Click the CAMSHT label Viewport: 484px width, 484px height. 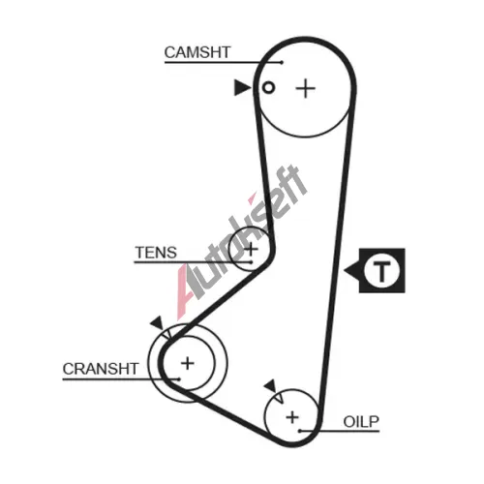coord(197,52)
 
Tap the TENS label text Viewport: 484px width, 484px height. coord(156,253)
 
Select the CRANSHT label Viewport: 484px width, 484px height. coord(101,369)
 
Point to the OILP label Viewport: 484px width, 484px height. coord(361,421)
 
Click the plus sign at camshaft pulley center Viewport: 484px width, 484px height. coord(305,88)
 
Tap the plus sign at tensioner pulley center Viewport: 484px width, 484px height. coord(251,249)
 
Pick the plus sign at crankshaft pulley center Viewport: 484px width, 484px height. coord(188,363)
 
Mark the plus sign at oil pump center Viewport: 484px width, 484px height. coord(292,417)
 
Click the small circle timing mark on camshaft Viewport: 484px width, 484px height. coord(268,87)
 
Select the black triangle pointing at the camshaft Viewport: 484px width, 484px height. coord(241,88)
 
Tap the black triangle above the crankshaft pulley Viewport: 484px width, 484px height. coord(158,322)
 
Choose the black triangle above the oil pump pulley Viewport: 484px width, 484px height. coord(270,385)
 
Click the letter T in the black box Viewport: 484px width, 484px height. coord(382,271)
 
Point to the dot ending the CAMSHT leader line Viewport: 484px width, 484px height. coord(282,62)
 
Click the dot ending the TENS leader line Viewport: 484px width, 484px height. coord(252,262)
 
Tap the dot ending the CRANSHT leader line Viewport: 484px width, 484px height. coord(178,379)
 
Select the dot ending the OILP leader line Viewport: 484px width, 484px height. coord(300,431)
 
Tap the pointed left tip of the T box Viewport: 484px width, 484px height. coord(345,270)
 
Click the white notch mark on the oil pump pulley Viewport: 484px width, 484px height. coord(279,397)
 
